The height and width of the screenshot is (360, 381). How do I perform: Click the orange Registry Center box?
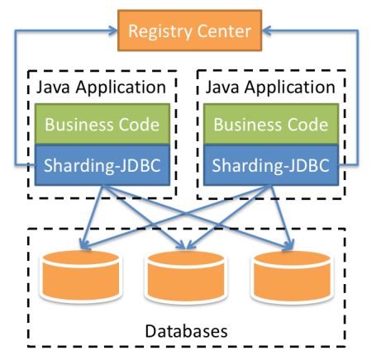189,31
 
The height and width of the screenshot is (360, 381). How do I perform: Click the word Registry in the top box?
160,31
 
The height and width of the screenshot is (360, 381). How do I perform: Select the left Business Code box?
102,124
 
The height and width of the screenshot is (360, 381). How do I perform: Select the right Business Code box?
271,124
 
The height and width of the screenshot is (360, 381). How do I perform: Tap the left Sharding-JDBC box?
102,165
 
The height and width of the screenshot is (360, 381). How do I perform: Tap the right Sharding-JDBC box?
271,165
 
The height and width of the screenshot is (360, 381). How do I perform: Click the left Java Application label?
101,88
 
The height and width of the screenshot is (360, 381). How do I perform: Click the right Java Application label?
270,88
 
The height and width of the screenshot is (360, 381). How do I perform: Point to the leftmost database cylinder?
81,276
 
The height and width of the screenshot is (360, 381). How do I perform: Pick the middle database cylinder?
186,277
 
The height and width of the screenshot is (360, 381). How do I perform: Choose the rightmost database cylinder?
292,277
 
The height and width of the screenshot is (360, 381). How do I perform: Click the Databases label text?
186,331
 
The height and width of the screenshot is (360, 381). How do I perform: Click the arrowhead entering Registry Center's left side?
113,31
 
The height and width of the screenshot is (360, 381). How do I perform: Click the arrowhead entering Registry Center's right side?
266,31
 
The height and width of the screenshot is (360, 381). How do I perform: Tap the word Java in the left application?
53,88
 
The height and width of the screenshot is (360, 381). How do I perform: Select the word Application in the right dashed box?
290,88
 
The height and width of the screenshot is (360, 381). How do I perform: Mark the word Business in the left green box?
79,125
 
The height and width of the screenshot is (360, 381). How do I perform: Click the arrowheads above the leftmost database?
84,244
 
